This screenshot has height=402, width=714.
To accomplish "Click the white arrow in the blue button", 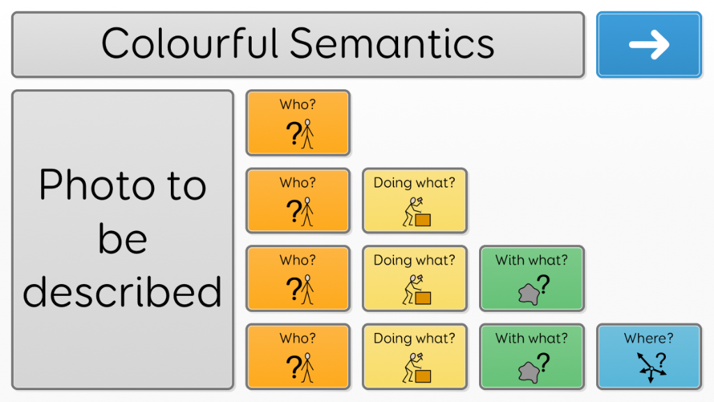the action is click(x=649, y=45).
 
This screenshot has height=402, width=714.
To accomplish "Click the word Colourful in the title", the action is click(x=190, y=43).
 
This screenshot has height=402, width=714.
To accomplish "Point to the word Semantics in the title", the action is click(x=392, y=43).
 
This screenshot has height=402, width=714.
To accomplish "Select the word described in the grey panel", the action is click(x=123, y=292).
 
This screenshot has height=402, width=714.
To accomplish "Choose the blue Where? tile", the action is click(x=649, y=357).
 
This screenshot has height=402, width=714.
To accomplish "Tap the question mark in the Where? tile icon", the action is click(x=661, y=360).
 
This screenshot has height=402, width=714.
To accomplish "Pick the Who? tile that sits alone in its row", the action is click(x=298, y=123).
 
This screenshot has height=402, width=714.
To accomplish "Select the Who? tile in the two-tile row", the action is click(x=298, y=200).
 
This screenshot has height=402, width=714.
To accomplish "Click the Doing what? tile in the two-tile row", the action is click(x=415, y=200).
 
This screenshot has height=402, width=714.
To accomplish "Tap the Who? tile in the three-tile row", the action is click(x=298, y=278).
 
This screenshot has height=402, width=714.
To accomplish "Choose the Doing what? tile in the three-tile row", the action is click(x=415, y=278).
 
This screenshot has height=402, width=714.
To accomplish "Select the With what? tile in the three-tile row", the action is click(x=532, y=278).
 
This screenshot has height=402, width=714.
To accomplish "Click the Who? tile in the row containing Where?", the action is click(x=298, y=357).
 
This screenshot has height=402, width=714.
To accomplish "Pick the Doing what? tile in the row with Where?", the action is click(x=415, y=357).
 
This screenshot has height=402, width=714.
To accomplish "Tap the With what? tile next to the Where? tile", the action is click(x=532, y=357).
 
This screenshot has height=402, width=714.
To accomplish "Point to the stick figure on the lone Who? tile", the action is click(x=307, y=134).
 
